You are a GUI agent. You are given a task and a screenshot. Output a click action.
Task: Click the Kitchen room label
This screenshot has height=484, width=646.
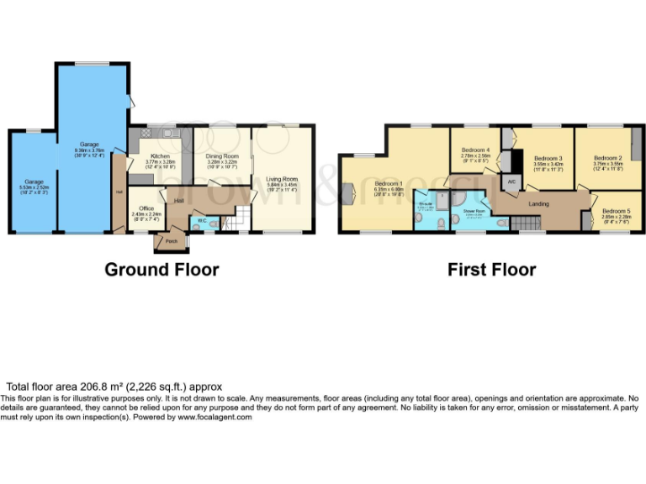point(161,156)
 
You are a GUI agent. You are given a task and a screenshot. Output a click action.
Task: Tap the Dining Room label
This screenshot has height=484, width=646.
point(223,156)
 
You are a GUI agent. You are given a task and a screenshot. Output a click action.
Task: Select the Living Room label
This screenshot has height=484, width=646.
point(283,179)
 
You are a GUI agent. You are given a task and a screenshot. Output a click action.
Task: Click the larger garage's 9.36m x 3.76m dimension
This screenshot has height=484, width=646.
point(89,151)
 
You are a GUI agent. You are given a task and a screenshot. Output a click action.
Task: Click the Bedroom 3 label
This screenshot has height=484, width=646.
point(548,158)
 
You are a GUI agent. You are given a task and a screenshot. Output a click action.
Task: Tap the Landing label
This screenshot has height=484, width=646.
point(538,203)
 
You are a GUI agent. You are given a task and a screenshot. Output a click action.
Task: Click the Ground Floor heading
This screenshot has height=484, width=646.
point(161,270)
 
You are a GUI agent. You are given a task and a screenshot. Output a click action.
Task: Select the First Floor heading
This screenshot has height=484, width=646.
point(491,270)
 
